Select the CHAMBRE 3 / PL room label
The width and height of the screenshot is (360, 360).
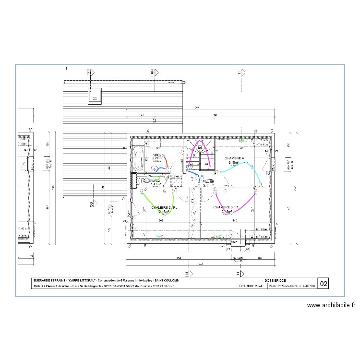[x=226, y=207]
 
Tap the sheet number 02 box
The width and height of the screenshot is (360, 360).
[x=324, y=284]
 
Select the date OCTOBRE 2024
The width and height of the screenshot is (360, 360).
[x=250, y=286]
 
